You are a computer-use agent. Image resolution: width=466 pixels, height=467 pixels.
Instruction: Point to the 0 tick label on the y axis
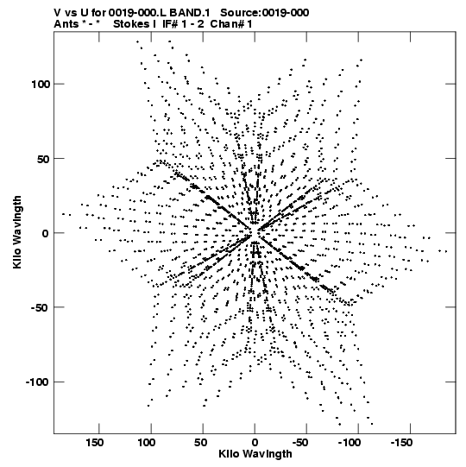click(x=45, y=233)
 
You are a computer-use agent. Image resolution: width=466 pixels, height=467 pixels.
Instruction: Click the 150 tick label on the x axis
click(x=95, y=443)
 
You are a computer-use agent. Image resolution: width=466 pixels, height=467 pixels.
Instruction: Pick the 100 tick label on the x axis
click(x=147, y=443)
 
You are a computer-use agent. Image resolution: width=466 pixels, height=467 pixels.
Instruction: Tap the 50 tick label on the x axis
click(x=201, y=443)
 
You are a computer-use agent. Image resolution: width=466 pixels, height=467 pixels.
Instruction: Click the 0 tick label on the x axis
click(x=255, y=443)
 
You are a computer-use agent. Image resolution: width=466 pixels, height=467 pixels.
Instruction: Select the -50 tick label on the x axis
click(x=300, y=443)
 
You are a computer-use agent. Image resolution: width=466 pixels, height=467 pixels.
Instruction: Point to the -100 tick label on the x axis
click(x=349, y=443)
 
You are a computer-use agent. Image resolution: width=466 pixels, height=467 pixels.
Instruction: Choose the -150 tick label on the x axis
click(x=401, y=443)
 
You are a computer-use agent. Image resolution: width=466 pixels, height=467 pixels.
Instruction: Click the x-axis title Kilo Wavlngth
click(x=255, y=454)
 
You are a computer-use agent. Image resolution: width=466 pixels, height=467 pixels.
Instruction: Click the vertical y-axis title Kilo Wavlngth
click(x=17, y=232)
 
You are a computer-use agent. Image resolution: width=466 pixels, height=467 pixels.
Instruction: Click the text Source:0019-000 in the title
click(x=264, y=13)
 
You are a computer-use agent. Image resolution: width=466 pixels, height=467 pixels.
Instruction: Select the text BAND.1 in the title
click(x=190, y=13)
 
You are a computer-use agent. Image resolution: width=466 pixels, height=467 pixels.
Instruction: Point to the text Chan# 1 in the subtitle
click(x=231, y=24)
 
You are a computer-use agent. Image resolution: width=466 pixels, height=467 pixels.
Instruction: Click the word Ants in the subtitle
click(x=66, y=24)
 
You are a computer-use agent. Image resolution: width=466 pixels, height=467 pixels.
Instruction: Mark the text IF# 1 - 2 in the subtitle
click(x=183, y=24)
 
